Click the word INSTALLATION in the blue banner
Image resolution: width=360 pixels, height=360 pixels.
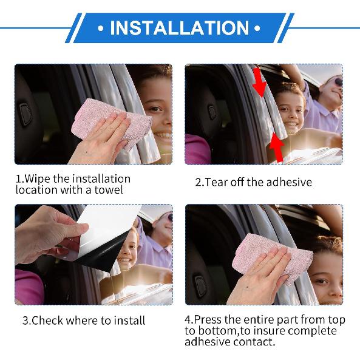click(179, 28)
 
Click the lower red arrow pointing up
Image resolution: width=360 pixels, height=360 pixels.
click(277, 148)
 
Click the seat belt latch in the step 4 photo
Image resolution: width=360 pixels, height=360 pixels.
click(200, 285)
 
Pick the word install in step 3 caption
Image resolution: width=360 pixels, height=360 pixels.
click(129, 321)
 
